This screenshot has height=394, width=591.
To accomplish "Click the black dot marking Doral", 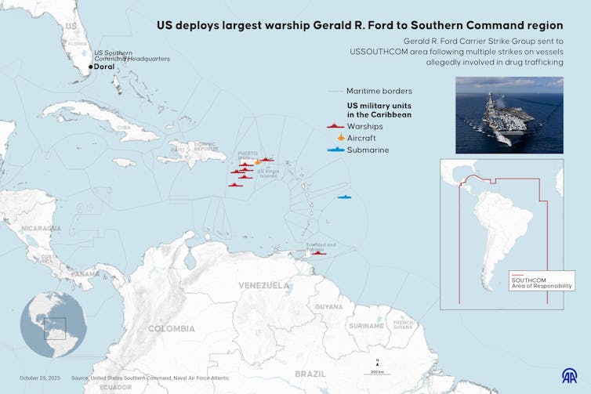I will pos(91,67).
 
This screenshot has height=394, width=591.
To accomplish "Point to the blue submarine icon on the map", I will pos(344,197).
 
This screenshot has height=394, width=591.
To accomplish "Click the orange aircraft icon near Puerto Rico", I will pos(258,162).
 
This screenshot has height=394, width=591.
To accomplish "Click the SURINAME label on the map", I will pos(366,324).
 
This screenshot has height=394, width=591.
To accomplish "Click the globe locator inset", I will pos(53,325).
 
